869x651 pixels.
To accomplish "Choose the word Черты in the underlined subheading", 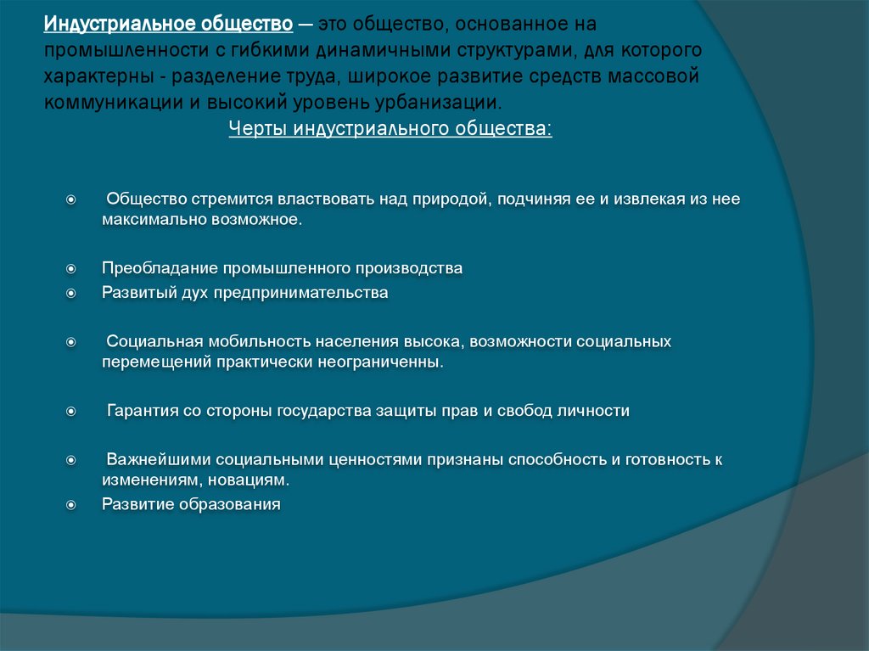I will pyautogui.click(x=257, y=130).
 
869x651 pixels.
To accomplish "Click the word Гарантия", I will pyautogui.click(x=142, y=411).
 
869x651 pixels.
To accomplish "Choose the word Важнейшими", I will pyautogui.click(x=159, y=460).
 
